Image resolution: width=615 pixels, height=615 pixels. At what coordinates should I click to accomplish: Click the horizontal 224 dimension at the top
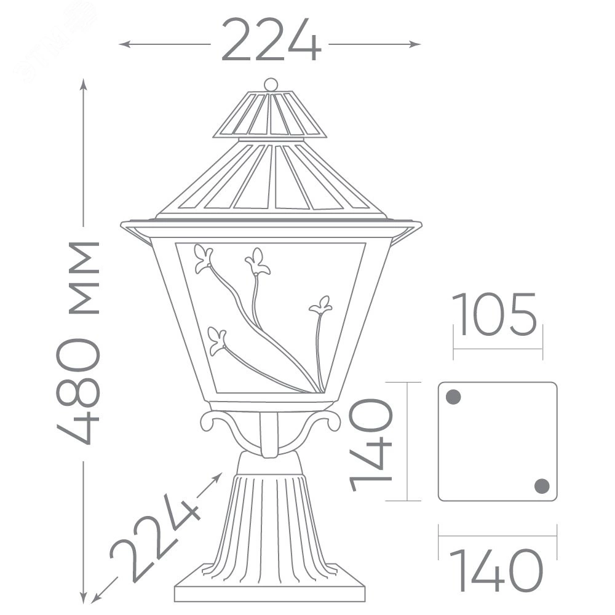[x=271, y=39]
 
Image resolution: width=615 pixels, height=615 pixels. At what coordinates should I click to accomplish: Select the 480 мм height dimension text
[x=79, y=343]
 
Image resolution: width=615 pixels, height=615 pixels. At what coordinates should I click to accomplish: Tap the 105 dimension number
[x=494, y=314]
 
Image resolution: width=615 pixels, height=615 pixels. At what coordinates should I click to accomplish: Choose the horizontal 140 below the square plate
[x=496, y=570]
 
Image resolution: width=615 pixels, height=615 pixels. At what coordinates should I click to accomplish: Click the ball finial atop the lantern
[x=271, y=84]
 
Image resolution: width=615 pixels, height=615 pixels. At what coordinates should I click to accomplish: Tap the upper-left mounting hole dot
[x=453, y=397]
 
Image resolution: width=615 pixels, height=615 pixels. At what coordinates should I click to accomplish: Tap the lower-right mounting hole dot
[x=542, y=486]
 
